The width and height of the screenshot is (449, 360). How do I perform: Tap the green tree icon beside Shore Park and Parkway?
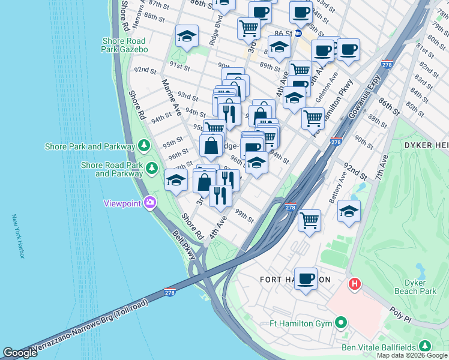(143, 145)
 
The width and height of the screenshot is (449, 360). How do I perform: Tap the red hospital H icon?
(355, 283)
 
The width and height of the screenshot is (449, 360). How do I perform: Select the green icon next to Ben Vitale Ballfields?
(425, 346)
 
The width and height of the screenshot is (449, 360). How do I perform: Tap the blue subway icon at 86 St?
(297, 34)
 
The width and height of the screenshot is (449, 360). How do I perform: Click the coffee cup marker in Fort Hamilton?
(306, 278)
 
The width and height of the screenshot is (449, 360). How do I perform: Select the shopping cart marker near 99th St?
(310, 220)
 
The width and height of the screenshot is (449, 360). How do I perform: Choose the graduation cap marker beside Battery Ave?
(349, 211)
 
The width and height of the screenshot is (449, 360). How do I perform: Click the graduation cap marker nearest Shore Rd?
(176, 179)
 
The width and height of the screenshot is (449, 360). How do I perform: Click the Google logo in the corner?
(20, 352)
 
